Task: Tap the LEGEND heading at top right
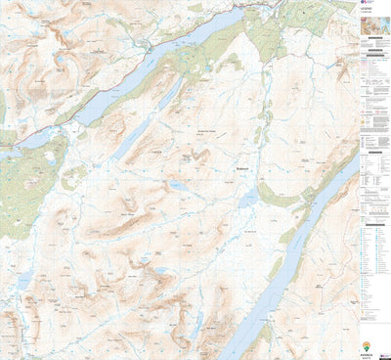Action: tap(372, 15)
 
